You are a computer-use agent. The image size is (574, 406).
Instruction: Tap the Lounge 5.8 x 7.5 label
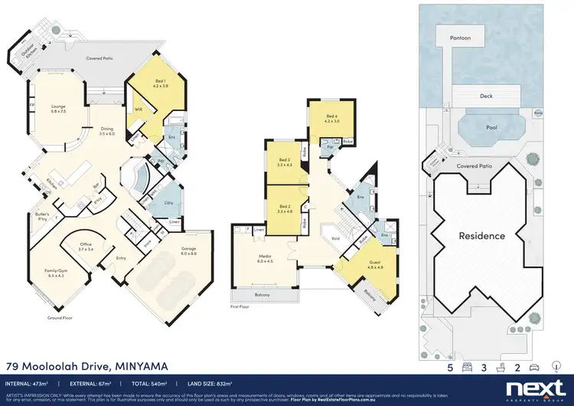click(x=58, y=109)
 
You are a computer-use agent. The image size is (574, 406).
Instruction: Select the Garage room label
click(x=188, y=250)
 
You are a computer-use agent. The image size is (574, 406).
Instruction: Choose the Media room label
click(x=264, y=257)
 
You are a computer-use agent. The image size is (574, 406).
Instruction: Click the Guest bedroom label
click(x=354, y=265)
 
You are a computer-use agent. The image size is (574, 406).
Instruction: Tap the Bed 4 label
click(x=331, y=118)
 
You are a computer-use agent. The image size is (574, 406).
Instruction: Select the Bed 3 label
click(x=285, y=161)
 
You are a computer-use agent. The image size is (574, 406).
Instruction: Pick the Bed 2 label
click(x=285, y=208)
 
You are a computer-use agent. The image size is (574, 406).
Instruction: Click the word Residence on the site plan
click(x=481, y=236)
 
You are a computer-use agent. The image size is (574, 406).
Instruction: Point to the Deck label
click(x=486, y=96)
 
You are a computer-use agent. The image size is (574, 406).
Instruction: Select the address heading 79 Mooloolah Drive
click(x=86, y=366)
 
